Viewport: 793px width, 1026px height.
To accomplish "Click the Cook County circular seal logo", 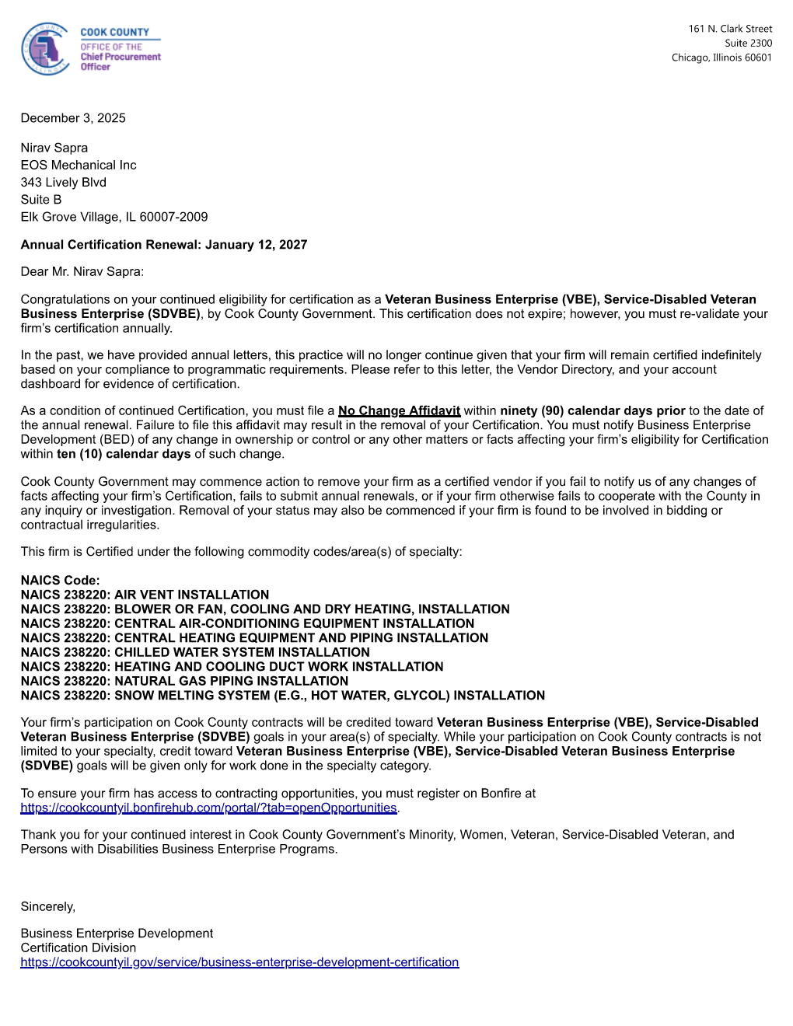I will (46, 49).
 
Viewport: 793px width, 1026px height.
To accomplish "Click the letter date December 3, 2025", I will (73, 118).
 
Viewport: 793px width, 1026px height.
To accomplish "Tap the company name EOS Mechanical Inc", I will (79, 165).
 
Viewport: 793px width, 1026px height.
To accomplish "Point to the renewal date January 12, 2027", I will (256, 245).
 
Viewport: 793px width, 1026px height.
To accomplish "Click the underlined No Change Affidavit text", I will (399, 411).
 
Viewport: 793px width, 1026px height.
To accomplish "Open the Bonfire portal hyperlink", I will (208, 808).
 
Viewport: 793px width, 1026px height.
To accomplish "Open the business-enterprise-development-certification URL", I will (239, 962).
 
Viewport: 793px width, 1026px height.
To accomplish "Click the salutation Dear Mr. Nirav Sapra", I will (82, 272).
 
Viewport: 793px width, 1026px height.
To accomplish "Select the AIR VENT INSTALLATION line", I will (145, 595).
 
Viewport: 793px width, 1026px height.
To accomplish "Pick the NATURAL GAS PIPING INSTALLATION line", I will (184, 681).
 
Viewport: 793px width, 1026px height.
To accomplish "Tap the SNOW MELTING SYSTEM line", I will (283, 696).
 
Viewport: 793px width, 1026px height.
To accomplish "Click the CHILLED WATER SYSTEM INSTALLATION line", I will (195, 652).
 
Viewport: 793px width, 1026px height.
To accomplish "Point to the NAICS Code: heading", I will (60, 581).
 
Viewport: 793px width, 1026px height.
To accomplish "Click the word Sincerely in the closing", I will (47, 907).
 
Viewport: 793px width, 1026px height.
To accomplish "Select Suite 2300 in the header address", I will (748, 44).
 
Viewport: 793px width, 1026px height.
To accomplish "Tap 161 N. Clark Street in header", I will (729, 29).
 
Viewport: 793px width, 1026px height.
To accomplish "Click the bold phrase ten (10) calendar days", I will (124, 454).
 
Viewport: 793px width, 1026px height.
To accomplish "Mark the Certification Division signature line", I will (79, 948).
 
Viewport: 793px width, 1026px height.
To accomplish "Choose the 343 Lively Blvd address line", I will (64, 183).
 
